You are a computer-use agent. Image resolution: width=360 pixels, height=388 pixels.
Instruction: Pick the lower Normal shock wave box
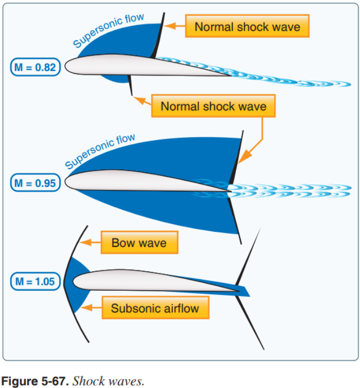[213, 106]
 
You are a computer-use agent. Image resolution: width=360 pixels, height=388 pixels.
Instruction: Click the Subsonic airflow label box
[155, 308]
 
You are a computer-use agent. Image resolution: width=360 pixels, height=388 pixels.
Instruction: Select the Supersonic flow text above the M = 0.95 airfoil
[100, 151]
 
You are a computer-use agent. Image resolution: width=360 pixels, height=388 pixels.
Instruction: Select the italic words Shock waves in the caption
[108, 381]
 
